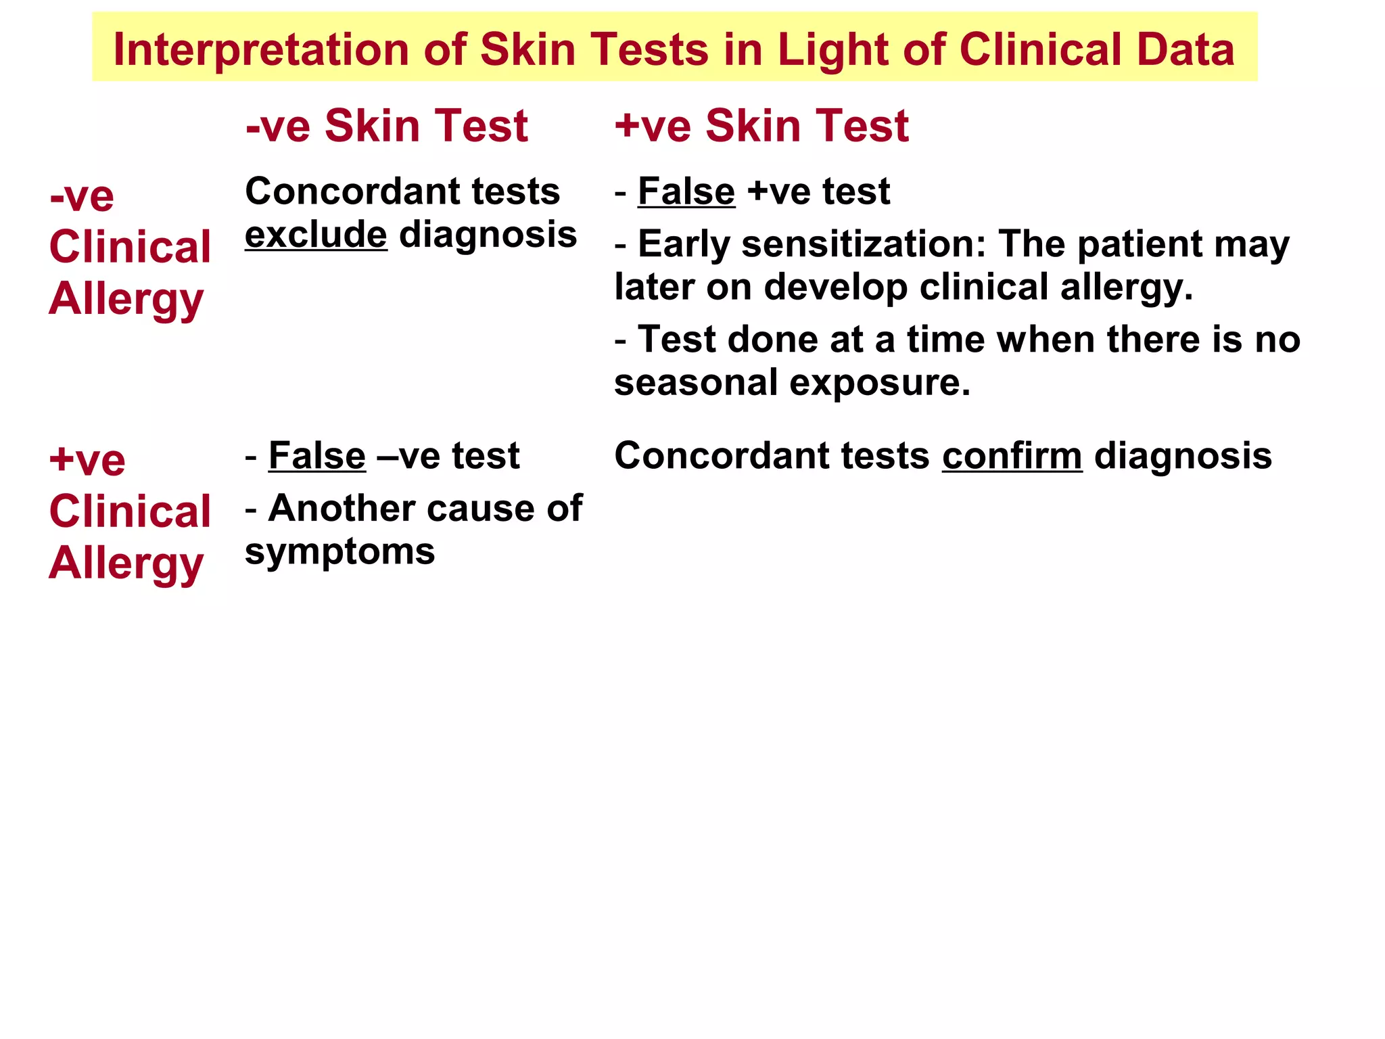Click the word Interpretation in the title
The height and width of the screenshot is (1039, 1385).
click(x=261, y=50)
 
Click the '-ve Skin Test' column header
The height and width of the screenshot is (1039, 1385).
click(x=386, y=126)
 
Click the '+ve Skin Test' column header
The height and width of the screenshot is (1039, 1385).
click(x=761, y=126)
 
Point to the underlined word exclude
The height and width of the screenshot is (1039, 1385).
click(x=316, y=235)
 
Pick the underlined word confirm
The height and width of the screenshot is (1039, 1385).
click(x=1012, y=455)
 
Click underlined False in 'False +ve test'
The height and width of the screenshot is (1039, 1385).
click(x=686, y=191)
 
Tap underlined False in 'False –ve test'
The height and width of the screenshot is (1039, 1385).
click(x=316, y=455)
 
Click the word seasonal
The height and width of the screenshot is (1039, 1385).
click(x=696, y=382)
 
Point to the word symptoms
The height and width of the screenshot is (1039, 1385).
click(x=339, y=551)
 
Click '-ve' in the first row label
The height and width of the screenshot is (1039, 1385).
click(x=82, y=196)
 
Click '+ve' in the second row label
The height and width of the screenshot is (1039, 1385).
click(x=87, y=461)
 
